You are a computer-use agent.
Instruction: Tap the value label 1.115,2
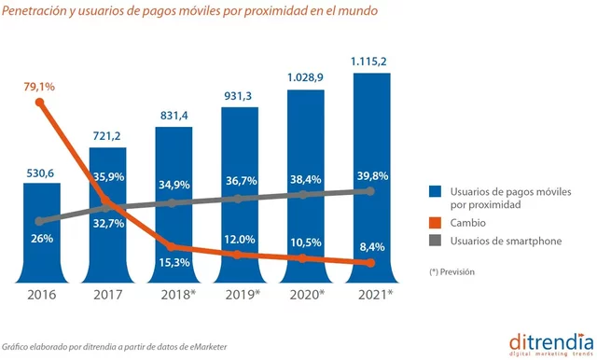coord(370,61)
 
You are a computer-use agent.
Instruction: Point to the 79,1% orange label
coord(39,87)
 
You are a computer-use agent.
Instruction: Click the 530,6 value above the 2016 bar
coord(41,171)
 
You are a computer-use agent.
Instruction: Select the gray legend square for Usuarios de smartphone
coord(436,242)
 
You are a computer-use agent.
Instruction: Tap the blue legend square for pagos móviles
coord(436,192)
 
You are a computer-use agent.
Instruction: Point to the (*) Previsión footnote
coord(452,271)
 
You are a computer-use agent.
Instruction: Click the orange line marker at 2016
coord(40,102)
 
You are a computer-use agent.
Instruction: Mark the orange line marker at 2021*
coord(370,264)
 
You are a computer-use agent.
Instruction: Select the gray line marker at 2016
coord(40,221)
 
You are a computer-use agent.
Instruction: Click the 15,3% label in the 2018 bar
coord(174,264)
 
